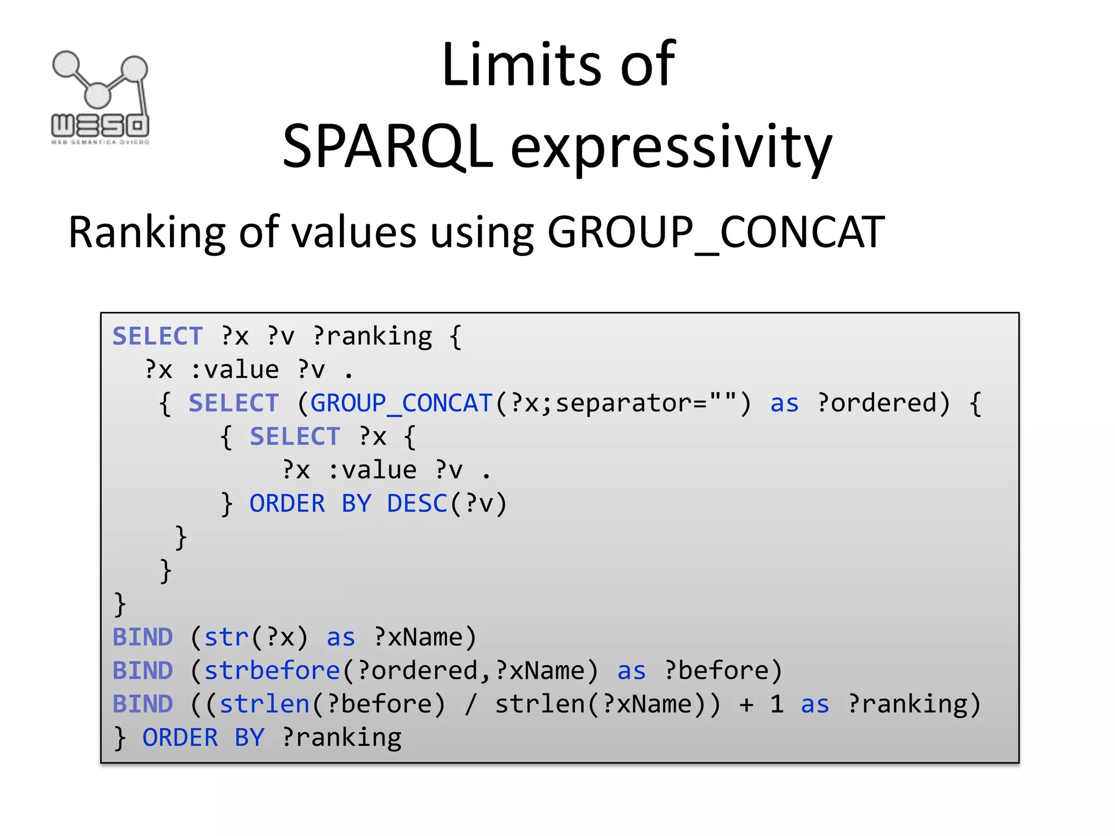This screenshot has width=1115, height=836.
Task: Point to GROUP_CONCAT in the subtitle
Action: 715,233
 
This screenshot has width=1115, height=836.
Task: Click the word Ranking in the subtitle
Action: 146,233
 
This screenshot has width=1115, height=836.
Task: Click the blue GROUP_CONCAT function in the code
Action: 401,403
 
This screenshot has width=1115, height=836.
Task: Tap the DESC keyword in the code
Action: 417,503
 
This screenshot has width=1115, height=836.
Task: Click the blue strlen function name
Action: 265,704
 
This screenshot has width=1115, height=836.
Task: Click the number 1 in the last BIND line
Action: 777,704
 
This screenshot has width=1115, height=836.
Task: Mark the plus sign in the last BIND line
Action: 746,705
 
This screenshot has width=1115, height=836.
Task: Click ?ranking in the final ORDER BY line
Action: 342,738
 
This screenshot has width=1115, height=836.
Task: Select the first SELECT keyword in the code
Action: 157,336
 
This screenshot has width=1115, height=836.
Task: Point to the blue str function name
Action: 226,637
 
